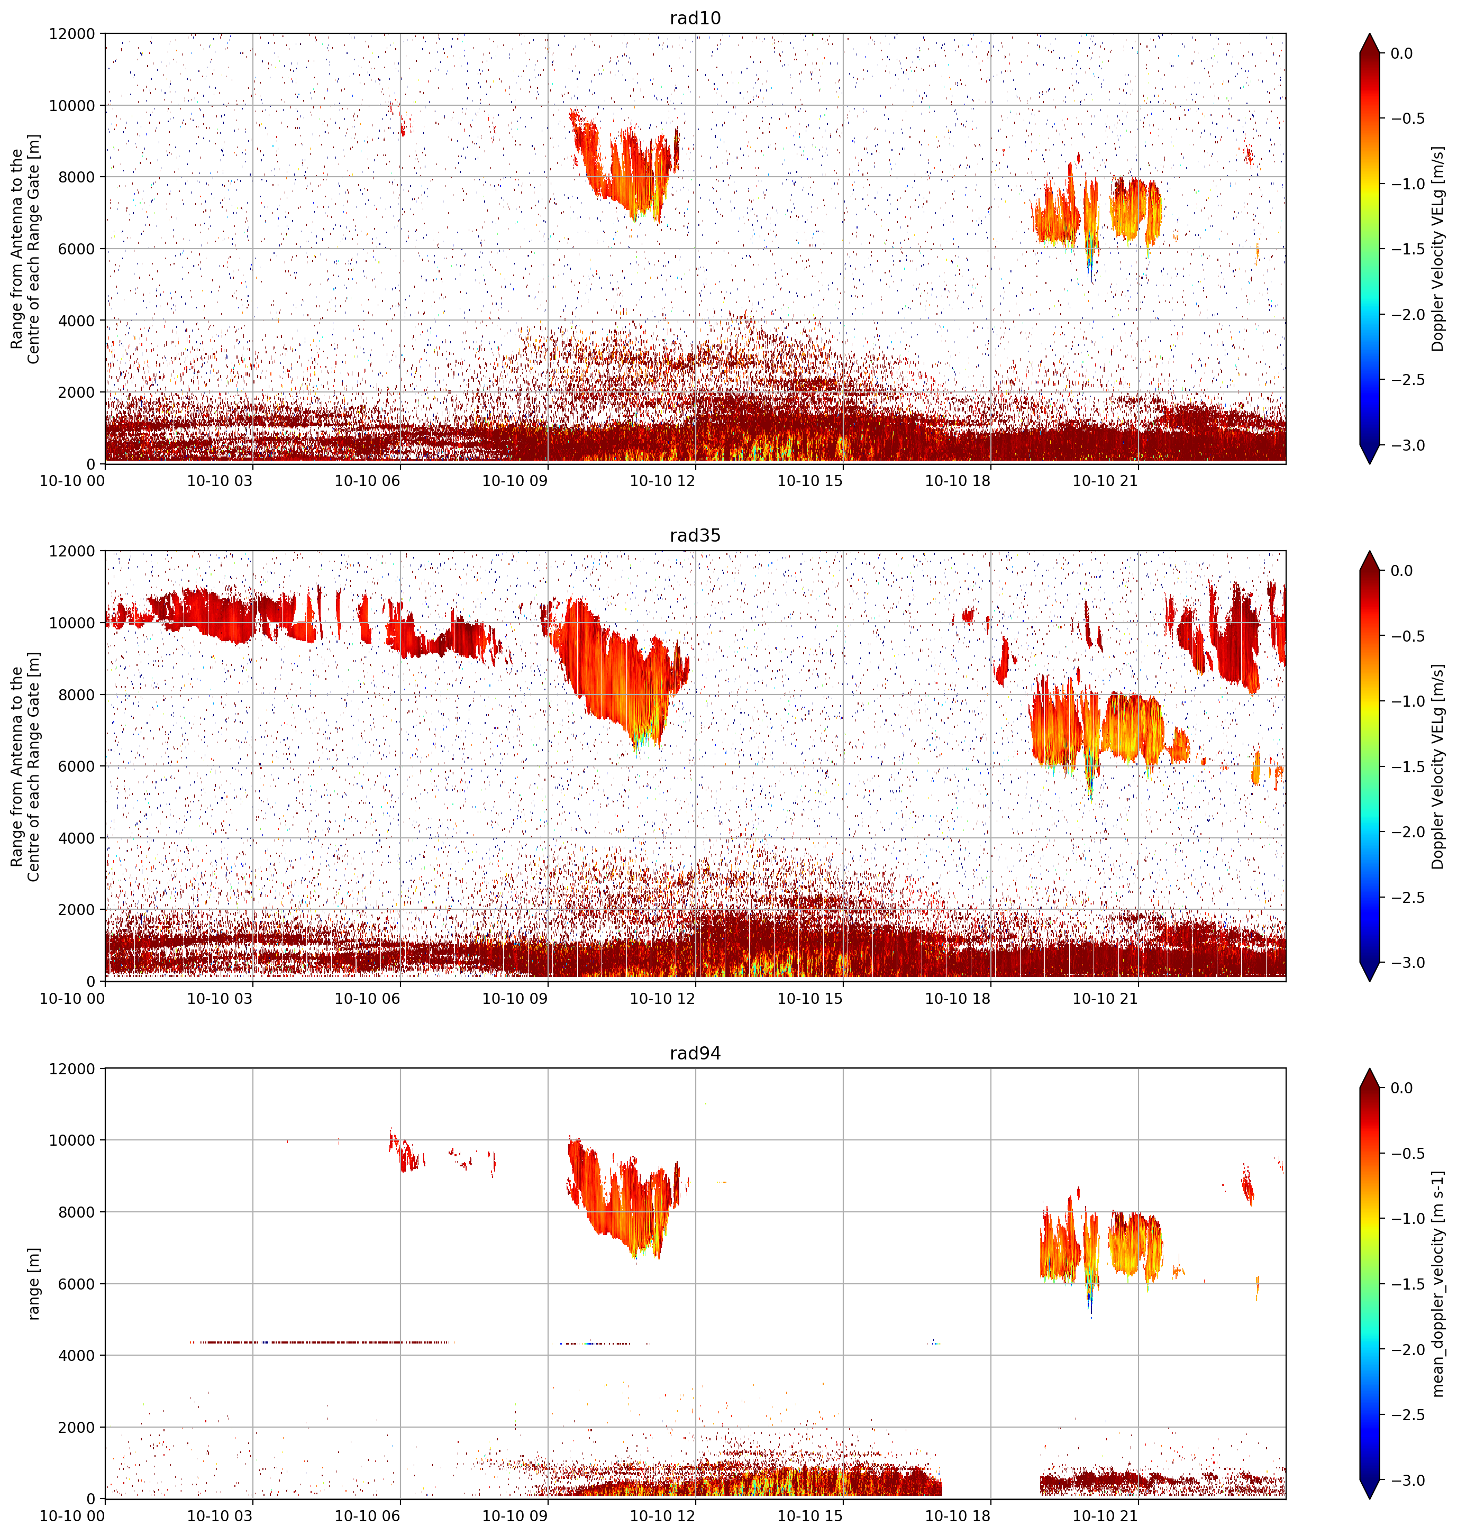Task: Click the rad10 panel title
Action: tap(695, 18)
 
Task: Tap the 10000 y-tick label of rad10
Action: tap(72, 106)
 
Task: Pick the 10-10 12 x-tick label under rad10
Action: tap(662, 481)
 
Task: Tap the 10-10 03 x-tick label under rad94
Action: tap(220, 1515)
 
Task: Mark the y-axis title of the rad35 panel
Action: tap(25, 766)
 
